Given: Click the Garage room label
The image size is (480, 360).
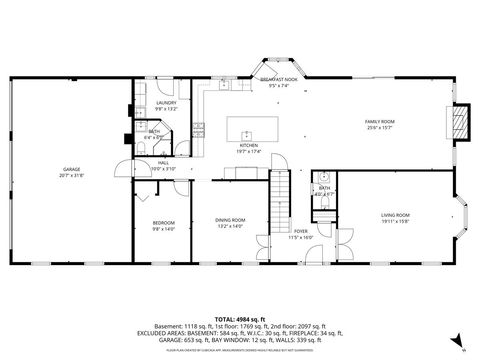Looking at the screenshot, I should [71, 170].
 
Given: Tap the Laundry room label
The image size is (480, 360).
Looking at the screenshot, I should [165, 103].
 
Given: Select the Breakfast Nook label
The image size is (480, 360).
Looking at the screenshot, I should [279, 79].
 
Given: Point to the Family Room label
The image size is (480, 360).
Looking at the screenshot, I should [379, 121].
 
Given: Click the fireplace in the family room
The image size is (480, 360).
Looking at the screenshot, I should [459, 121].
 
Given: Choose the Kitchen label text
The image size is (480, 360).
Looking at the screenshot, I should [249, 145].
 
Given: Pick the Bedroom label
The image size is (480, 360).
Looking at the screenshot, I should [164, 222].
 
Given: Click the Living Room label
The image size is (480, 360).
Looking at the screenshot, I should [395, 215].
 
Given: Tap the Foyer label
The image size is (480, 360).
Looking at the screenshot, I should [300, 232].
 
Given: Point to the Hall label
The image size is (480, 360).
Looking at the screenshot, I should [164, 163].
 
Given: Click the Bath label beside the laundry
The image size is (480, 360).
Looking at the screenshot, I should [153, 131].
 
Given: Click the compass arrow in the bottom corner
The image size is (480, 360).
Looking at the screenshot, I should [456, 340].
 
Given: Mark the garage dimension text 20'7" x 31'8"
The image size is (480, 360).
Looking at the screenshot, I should [71, 176].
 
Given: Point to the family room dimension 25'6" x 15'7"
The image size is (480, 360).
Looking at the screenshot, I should [379, 127].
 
